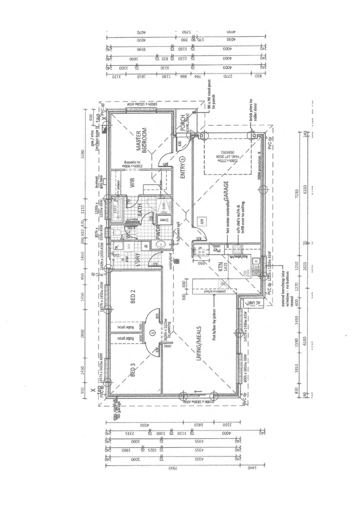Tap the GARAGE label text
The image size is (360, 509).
pos(226,191)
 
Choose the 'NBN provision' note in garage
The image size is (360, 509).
pos(259,167)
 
